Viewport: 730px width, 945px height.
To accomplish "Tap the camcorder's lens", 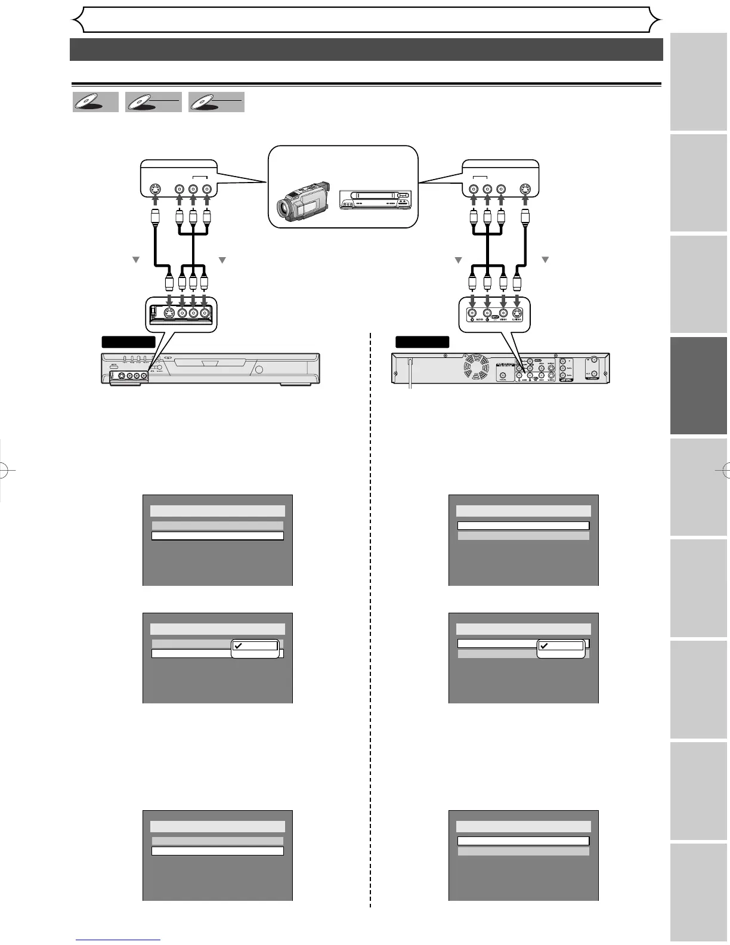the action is pyautogui.click(x=286, y=209).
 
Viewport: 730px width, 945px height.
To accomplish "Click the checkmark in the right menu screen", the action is pyautogui.click(x=544, y=646).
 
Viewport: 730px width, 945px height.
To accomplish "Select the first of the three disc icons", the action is pyautogui.click(x=95, y=102).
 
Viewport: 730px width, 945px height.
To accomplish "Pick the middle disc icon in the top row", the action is pyautogui.click(x=153, y=102).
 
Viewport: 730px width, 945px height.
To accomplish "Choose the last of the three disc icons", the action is pyautogui.click(x=216, y=102).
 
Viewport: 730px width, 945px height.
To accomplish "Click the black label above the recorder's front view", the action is pyautogui.click(x=128, y=342).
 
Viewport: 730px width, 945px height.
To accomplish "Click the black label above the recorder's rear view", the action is pyautogui.click(x=422, y=342).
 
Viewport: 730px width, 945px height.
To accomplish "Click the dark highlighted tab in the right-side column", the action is pyautogui.click(x=698, y=385).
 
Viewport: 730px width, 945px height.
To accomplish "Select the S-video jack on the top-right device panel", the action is pyautogui.click(x=525, y=189).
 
